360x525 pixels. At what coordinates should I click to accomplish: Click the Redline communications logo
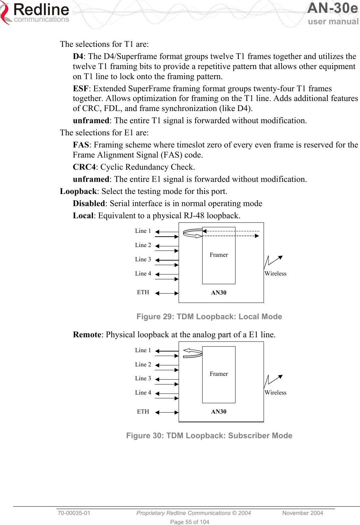click(35, 13)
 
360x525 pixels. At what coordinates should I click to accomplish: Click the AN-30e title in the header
click(332, 8)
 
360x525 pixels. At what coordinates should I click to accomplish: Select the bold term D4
click(78, 56)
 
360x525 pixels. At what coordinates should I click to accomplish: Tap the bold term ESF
click(80, 88)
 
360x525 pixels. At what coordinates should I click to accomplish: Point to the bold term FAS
click(81, 145)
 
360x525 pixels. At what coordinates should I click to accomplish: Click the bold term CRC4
click(84, 167)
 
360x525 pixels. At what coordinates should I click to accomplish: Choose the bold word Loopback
click(78, 191)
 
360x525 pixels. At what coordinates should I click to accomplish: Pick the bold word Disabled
click(89, 203)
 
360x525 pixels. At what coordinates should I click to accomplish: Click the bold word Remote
click(87, 335)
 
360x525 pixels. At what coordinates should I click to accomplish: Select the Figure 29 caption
click(209, 316)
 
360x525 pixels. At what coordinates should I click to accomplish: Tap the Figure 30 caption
click(209, 435)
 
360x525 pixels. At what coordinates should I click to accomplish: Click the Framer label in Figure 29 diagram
click(218, 255)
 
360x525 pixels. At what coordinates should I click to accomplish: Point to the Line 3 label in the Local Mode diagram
click(143, 259)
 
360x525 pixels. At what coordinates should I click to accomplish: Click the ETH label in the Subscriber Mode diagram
click(143, 412)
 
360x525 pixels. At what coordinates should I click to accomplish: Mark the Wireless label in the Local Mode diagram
click(275, 273)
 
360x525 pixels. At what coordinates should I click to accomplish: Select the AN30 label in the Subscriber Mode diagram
click(218, 412)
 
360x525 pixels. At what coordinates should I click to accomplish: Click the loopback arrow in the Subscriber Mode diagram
click(192, 353)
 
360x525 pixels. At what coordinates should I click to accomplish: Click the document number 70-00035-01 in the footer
click(74, 513)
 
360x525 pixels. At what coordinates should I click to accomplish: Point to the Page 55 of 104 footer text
click(190, 522)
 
